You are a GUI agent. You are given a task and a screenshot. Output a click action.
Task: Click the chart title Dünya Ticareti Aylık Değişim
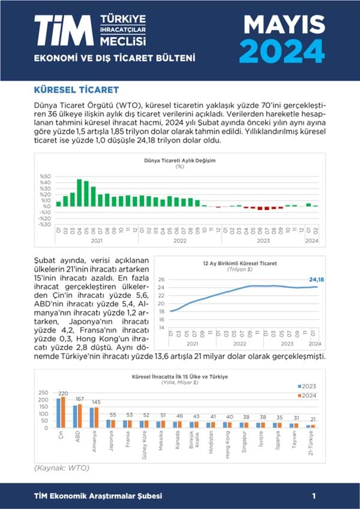point(179,161)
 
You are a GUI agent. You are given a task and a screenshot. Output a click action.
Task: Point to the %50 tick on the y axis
point(46,177)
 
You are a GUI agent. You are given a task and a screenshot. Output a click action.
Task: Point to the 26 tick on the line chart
point(161,279)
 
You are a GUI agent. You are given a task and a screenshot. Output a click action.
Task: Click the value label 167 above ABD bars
point(79,399)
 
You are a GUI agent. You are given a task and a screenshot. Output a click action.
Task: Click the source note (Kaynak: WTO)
point(61,467)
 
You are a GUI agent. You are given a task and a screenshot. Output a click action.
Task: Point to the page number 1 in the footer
point(314,496)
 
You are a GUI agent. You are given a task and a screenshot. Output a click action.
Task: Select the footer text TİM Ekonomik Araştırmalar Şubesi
point(98,496)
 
